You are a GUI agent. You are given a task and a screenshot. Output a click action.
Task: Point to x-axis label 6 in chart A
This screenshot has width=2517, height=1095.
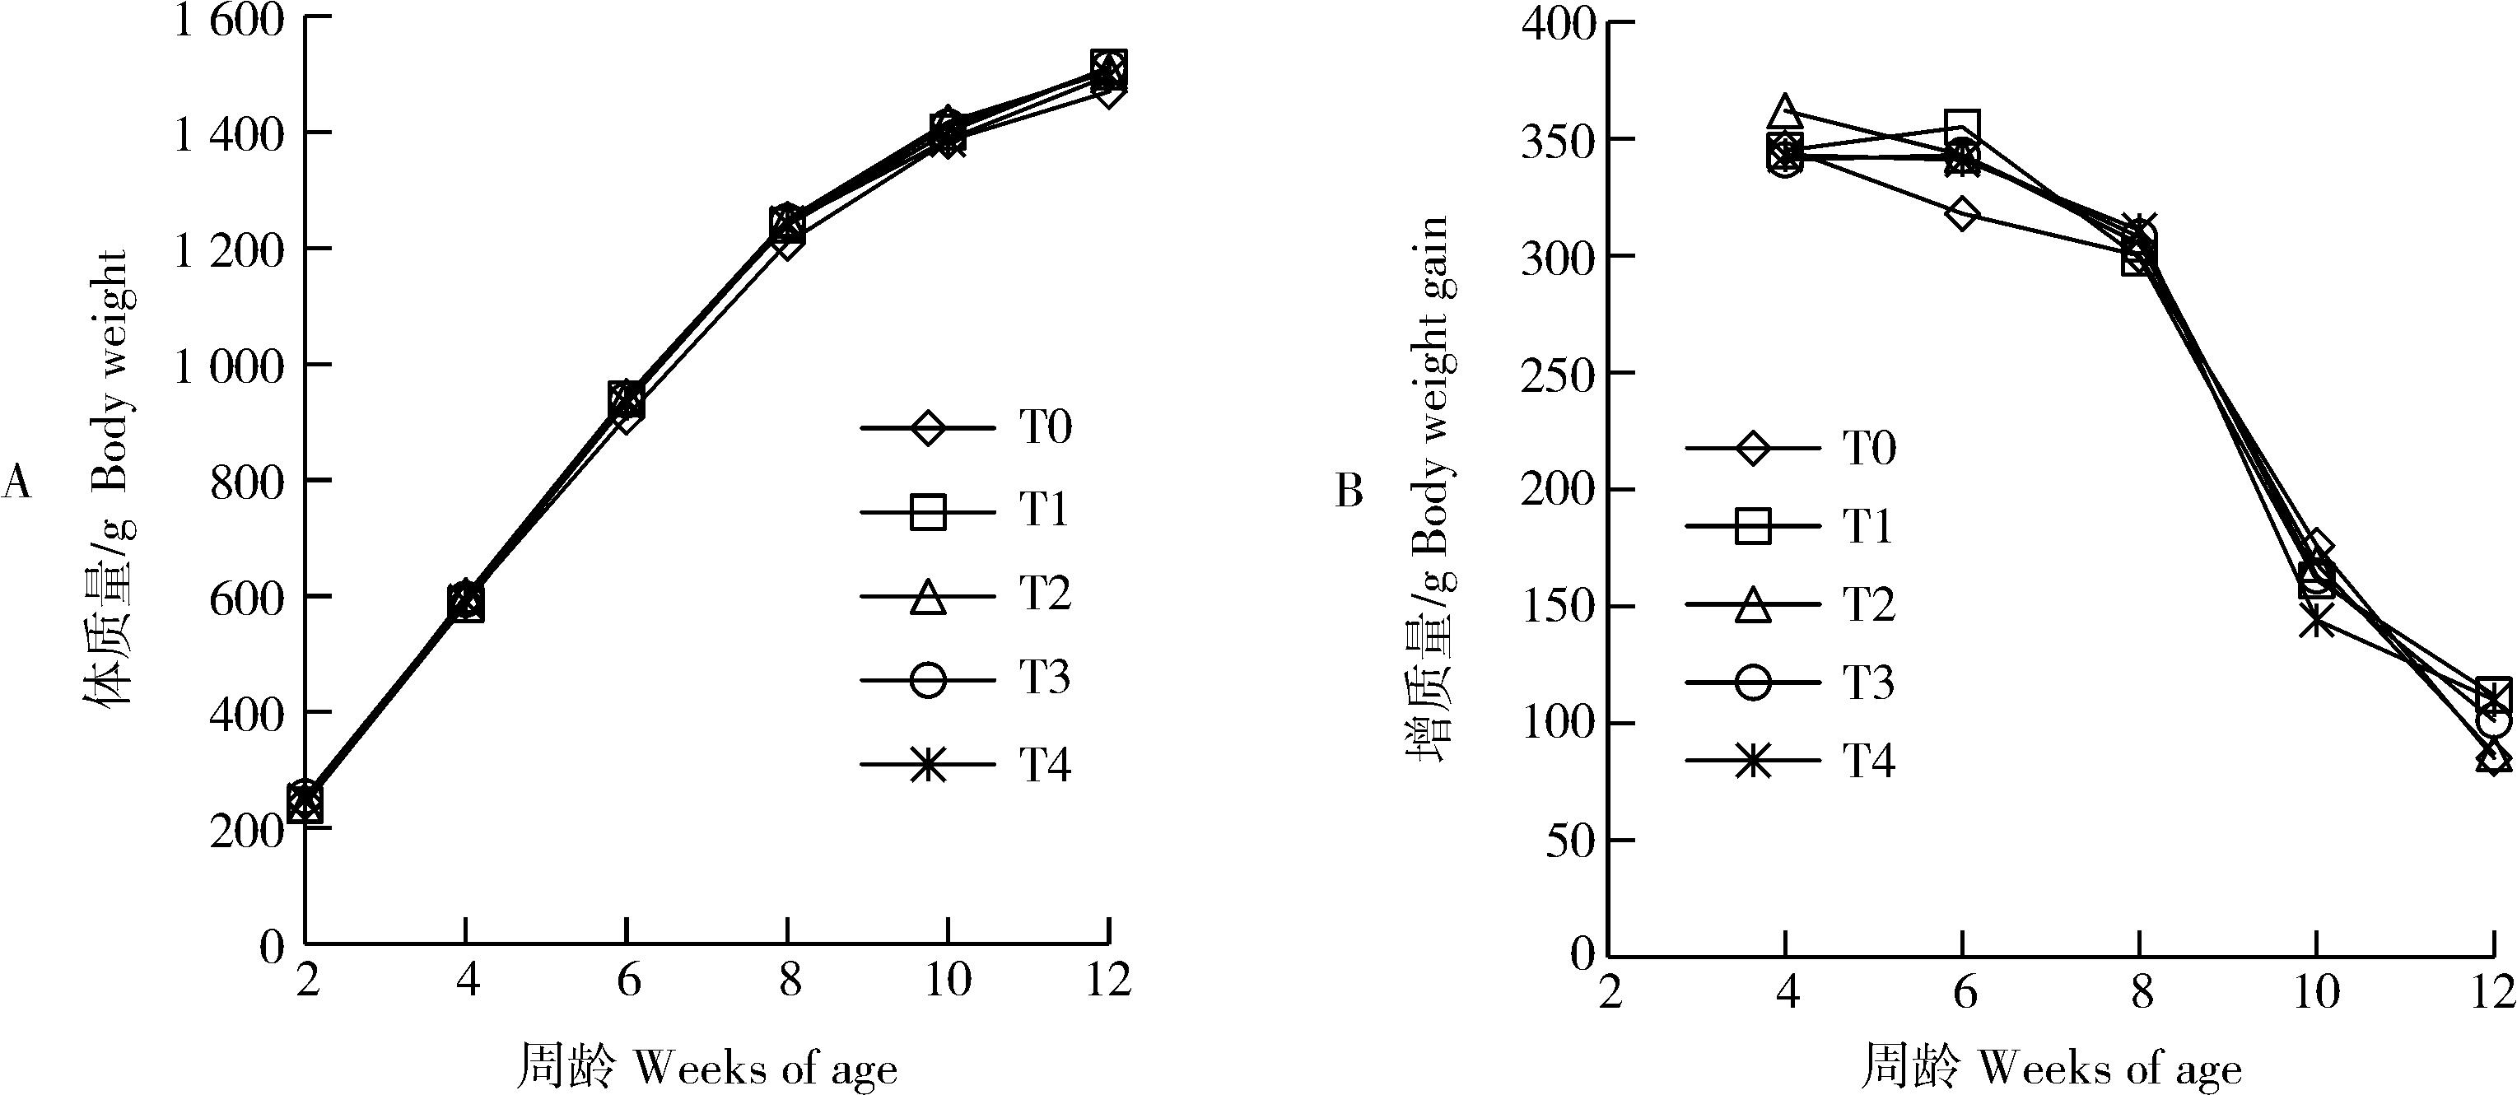[627, 980]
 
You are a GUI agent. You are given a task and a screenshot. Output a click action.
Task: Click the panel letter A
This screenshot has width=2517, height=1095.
[16, 482]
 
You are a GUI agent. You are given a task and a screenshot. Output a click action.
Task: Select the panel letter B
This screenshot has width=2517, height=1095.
[1349, 492]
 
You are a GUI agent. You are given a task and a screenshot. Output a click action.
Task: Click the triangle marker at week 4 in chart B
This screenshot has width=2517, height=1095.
[1785, 109]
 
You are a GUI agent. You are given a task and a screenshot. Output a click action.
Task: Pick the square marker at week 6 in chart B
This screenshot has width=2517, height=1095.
[1962, 127]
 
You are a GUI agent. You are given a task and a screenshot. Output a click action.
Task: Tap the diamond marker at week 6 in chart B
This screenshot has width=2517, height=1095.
[1962, 214]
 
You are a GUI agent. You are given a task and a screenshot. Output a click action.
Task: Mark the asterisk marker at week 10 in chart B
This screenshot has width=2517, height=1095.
[2316, 619]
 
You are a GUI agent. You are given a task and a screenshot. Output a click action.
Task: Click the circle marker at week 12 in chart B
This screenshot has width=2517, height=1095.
[2494, 723]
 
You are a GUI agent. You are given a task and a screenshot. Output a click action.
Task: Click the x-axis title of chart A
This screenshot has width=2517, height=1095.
[706, 1069]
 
